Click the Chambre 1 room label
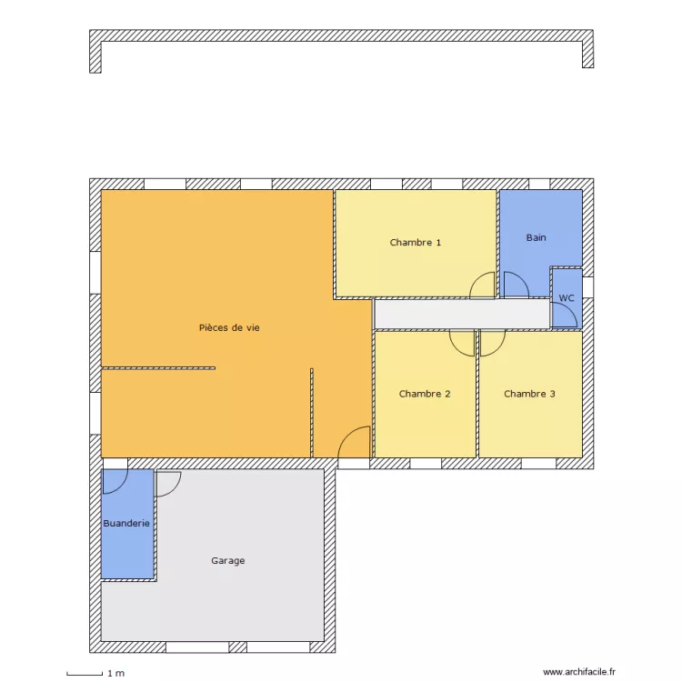pyautogui.click(x=416, y=243)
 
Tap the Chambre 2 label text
pyautogui.click(x=425, y=394)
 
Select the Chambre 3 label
pyautogui.click(x=529, y=394)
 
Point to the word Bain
pyautogui.click(x=537, y=238)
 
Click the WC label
pyautogui.click(x=567, y=298)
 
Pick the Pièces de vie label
pyautogui.click(x=229, y=327)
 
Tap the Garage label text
pyautogui.click(x=228, y=561)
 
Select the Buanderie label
pyautogui.click(x=126, y=524)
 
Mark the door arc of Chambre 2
pyautogui.click(x=462, y=343)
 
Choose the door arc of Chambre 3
pyautogui.click(x=492, y=343)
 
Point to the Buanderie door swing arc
pyautogui.click(x=115, y=481)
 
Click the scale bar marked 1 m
pyautogui.click(x=84, y=674)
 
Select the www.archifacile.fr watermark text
pyautogui.click(x=579, y=672)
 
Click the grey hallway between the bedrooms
pyautogui.click(x=462, y=315)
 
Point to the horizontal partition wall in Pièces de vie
pyautogui.click(x=158, y=367)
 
